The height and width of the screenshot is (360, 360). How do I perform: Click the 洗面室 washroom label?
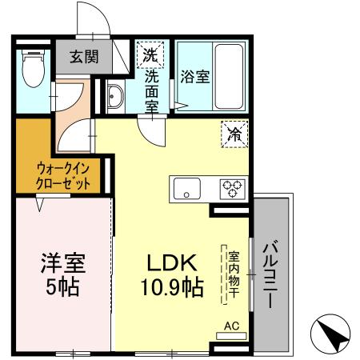[151, 90]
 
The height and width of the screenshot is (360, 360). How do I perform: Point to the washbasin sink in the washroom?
[114, 98]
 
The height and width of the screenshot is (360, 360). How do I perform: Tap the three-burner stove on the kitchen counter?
[233, 189]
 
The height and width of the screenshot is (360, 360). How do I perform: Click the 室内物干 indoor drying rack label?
[234, 274]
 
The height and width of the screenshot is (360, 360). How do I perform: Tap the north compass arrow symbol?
[331, 332]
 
